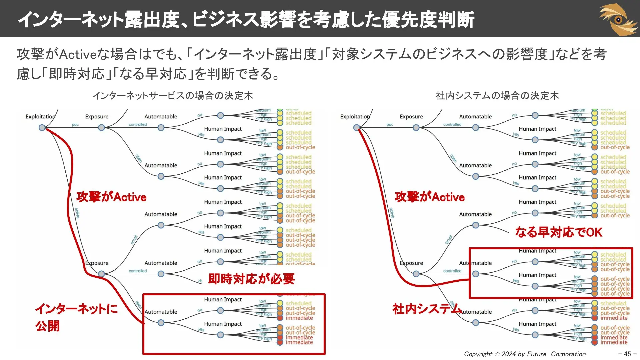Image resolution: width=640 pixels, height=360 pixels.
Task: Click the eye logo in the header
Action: tap(619, 19)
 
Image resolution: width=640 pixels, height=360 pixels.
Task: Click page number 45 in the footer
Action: tap(627, 354)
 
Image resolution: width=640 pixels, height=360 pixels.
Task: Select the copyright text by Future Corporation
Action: tap(525, 354)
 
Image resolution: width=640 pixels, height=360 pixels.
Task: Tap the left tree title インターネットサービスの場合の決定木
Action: tap(173, 96)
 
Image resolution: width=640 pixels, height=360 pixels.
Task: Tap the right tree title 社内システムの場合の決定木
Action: tap(497, 96)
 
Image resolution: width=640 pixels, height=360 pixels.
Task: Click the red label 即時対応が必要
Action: tap(251, 279)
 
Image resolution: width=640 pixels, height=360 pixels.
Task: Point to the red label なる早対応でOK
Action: tap(559, 232)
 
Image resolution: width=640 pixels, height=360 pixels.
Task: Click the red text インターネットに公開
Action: tap(76, 317)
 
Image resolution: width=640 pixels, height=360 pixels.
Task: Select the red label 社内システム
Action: tap(426, 309)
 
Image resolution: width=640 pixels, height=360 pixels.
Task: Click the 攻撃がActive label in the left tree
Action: tap(111, 197)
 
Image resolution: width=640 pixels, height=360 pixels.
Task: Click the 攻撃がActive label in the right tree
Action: tap(429, 197)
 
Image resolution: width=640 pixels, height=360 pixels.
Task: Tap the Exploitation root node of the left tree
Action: tap(42, 128)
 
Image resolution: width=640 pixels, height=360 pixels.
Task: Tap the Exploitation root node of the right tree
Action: tap(356, 128)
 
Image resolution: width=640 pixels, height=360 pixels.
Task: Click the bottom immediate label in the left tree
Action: tap(299, 342)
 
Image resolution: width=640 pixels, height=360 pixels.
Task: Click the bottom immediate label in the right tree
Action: tap(614, 342)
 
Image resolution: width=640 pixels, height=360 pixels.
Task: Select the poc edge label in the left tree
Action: tap(75, 125)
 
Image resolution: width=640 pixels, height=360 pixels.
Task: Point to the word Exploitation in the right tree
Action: tap(355, 117)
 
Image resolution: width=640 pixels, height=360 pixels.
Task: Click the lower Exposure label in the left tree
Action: tap(97, 263)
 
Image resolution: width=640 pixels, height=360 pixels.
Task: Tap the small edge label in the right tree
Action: tap(449, 239)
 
